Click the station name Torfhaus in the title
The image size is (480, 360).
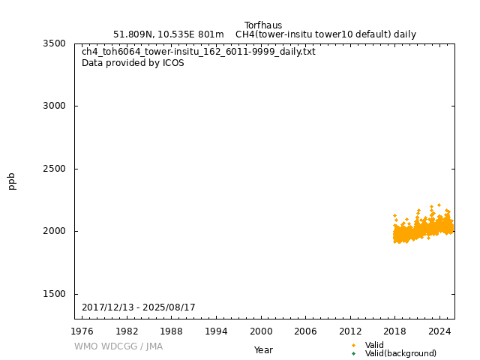[x=263, y=25]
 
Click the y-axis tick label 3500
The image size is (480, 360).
[x=54, y=43]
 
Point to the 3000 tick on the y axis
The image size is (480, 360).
[x=54, y=106]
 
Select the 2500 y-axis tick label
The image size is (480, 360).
[x=54, y=169]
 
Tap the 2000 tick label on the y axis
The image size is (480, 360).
[x=54, y=231]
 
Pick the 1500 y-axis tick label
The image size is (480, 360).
[x=54, y=294]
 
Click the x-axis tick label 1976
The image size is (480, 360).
[x=82, y=331]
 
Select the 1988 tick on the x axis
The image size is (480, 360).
[x=172, y=331]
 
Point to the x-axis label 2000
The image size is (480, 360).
[x=261, y=331]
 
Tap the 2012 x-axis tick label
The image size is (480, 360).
[x=350, y=331]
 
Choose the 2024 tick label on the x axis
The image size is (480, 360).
[x=439, y=331]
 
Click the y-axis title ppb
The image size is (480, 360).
[x=12, y=181]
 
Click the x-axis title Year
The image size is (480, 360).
[x=263, y=349]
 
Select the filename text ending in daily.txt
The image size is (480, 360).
[x=199, y=52]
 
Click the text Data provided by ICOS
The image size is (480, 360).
[x=133, y=63]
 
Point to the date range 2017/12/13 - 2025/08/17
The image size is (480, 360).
[x=139, y=307]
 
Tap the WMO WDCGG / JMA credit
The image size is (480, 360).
[x=118, y=346]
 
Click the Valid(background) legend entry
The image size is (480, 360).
[x=400, y=353]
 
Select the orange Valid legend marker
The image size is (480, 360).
[x=354, y=345]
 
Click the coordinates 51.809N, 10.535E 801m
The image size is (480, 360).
[x=169, y=34]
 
